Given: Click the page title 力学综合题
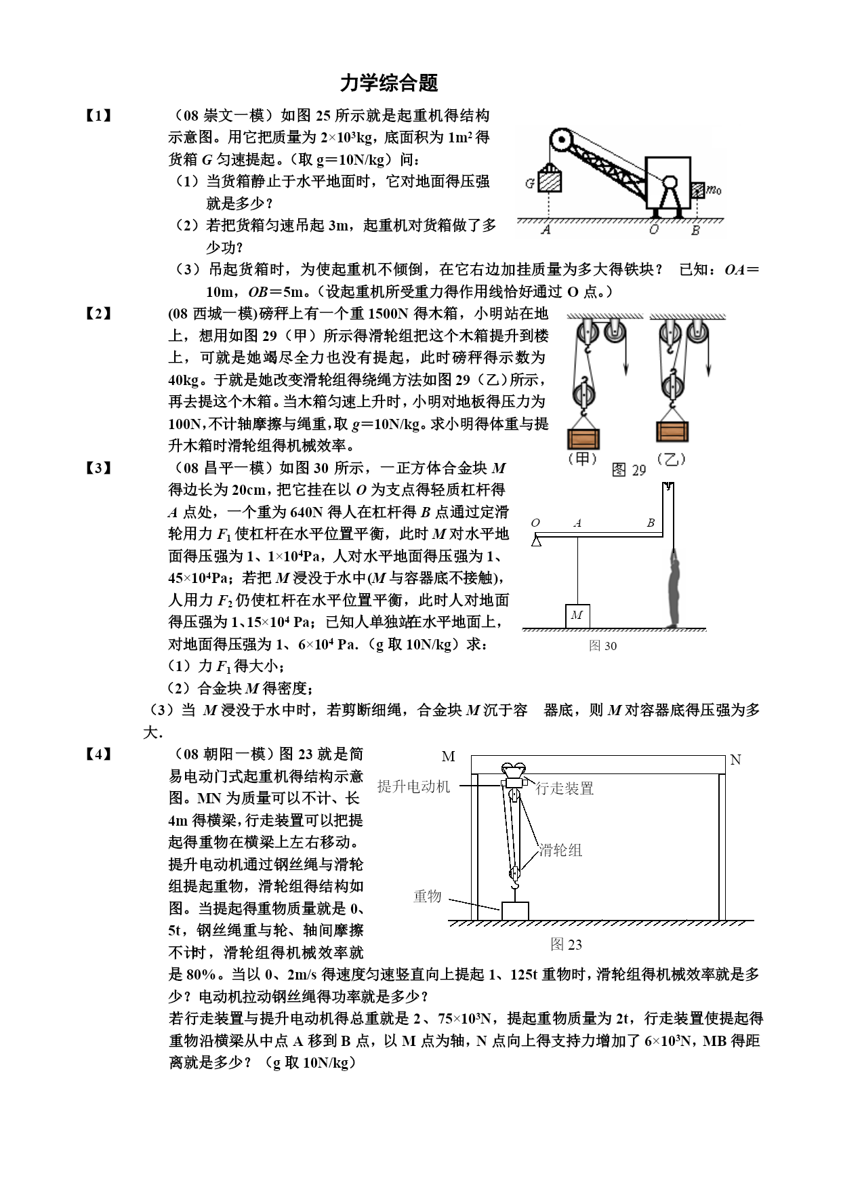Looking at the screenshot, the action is click(x=389, y=83).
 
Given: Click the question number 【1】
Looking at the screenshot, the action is click(x=98, y=116).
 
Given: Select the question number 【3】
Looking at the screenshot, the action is click(x=98, y=468).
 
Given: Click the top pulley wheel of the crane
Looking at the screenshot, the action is click(x=561, y=141).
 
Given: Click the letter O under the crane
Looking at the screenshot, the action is click(x=653, y=230).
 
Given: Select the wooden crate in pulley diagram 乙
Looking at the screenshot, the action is click(x=672, y=432).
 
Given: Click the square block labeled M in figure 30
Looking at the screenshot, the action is click(x=577, y=616).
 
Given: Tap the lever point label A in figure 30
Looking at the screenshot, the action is click(x=577, y=523).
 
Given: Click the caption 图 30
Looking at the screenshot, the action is click(x=602, y=645).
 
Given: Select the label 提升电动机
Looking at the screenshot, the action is click(x=413, y=786).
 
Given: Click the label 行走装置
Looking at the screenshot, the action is click(x=565, y=788).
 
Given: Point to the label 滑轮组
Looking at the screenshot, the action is click(x=560, y=850).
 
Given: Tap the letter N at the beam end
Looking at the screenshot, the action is click(x=735, y=760).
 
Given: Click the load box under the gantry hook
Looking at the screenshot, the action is click(x=515, y=910).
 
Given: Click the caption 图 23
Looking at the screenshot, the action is click(x=566, y=944).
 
